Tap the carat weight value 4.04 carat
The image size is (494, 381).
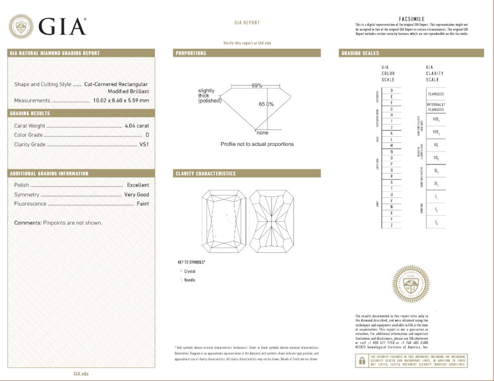coord(136,126)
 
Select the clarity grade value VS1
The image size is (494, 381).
coord(144,144)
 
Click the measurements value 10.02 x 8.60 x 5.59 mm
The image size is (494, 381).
coord(121,100)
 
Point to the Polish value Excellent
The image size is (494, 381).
coord(138,185)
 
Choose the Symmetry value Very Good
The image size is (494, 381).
coord(136,195)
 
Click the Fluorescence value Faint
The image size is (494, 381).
coord(142,204)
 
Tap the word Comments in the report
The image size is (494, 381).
coord(27,223)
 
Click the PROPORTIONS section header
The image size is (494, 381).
coord(191,53)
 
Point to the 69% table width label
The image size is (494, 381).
coord(256,86)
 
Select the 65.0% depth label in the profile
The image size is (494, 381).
coord(266,104)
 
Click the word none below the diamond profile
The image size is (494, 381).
coord(262,133)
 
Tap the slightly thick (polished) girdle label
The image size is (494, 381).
coord(210,96)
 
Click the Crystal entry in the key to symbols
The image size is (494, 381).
coord(190,271)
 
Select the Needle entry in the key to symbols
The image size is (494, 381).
coord(189,280)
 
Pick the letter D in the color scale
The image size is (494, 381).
coord(392,90)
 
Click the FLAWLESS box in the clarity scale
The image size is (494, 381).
coord(436,94)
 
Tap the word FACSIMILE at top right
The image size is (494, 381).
coord(412,19)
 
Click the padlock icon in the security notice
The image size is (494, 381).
coord(362,361)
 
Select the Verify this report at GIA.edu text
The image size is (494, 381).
coord(247,43)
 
